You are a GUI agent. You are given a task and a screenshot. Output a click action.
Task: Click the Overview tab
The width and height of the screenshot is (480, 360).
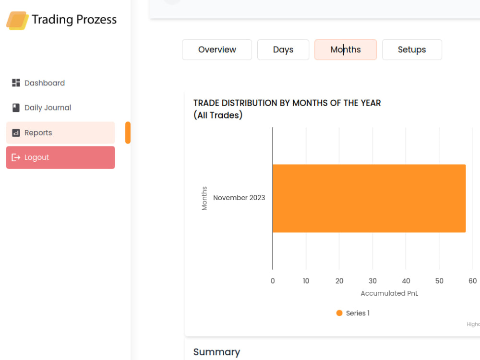coord(217,49)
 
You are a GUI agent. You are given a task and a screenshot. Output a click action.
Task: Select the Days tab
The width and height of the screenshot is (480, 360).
coord(283,49)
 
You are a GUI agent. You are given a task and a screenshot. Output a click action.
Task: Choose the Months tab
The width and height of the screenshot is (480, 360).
coord(346,49)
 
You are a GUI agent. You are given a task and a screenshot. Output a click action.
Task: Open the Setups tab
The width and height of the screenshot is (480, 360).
coord(412,49)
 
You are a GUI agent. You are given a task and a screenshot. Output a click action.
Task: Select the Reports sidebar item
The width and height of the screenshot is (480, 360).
coord(60,133)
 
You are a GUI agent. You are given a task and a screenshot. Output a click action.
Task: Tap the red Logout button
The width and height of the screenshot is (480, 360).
coord(60,157)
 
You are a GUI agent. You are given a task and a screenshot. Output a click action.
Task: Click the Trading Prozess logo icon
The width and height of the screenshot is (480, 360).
coord(17,21)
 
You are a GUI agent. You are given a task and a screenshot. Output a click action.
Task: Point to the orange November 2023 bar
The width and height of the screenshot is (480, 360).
coord(369,198)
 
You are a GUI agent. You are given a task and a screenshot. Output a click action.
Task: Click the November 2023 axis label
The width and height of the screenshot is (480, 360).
coord(239,198)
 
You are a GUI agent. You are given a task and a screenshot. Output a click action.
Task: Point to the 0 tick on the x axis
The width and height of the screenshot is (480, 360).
coord(273,281)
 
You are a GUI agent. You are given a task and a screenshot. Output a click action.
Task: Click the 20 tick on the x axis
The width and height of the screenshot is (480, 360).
coord(339,281)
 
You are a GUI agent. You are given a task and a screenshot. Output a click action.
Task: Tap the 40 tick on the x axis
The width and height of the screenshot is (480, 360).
coord(406,281)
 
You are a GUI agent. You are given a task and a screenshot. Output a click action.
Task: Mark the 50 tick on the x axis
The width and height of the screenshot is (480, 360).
coord(439,281)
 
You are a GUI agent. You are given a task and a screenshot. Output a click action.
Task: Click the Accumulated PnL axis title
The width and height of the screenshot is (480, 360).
coord(389,293)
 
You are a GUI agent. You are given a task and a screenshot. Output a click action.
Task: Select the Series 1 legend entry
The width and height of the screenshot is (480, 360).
coord(353,313)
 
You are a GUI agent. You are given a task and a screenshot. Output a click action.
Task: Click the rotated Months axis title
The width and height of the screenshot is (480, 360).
coord(204,198)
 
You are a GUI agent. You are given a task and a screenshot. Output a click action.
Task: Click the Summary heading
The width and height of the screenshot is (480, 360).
coord(217,352)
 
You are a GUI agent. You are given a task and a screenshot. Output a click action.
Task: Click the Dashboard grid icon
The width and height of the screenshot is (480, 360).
coord(16,83)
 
